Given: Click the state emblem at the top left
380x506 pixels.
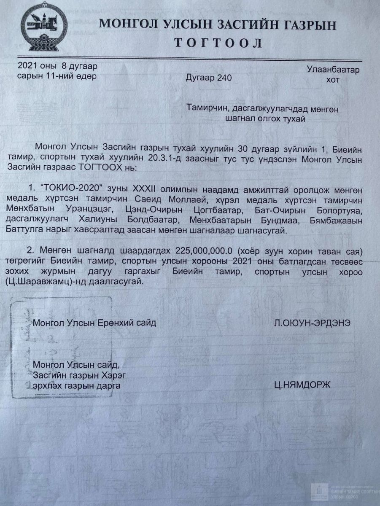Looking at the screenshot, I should tap(44, 26).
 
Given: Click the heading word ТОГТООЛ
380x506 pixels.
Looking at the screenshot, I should tap(218, 43).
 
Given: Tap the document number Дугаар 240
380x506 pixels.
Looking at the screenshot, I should tap(208, 78).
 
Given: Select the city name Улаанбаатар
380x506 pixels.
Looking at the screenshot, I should tap(333, 70).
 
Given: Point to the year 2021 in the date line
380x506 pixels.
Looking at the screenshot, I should tap(27, 66).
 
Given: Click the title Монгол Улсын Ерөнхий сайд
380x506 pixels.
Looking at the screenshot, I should tap(94, 323).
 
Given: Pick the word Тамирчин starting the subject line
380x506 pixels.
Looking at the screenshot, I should tap(207, 108).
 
